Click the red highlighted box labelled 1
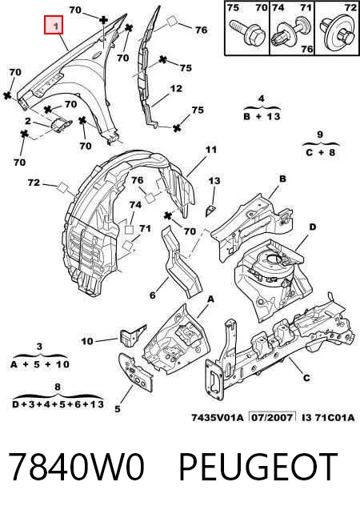[x=54, y=24]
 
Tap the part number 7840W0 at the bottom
[x=76, y=467]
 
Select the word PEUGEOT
[x=258, y=467]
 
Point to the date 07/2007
[x=272, y=417]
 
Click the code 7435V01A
[x=217, y=417]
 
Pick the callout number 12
[x=176, y=88]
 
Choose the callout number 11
[x=210, y=150]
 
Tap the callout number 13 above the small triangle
[x=214, y=180]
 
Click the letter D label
[x=312, y=227]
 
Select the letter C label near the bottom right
[x=306, y=378]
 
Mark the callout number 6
[x=152, y=295]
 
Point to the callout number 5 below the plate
[x=118, y=409]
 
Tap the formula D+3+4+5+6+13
[x=58, y=404]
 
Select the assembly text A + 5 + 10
[x=40, y=364]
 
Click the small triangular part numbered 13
[x=210, y=211]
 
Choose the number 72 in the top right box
[x=350, y=7]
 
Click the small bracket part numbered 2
[x=61, y=124]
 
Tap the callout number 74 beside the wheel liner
[x=135, y=205]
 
